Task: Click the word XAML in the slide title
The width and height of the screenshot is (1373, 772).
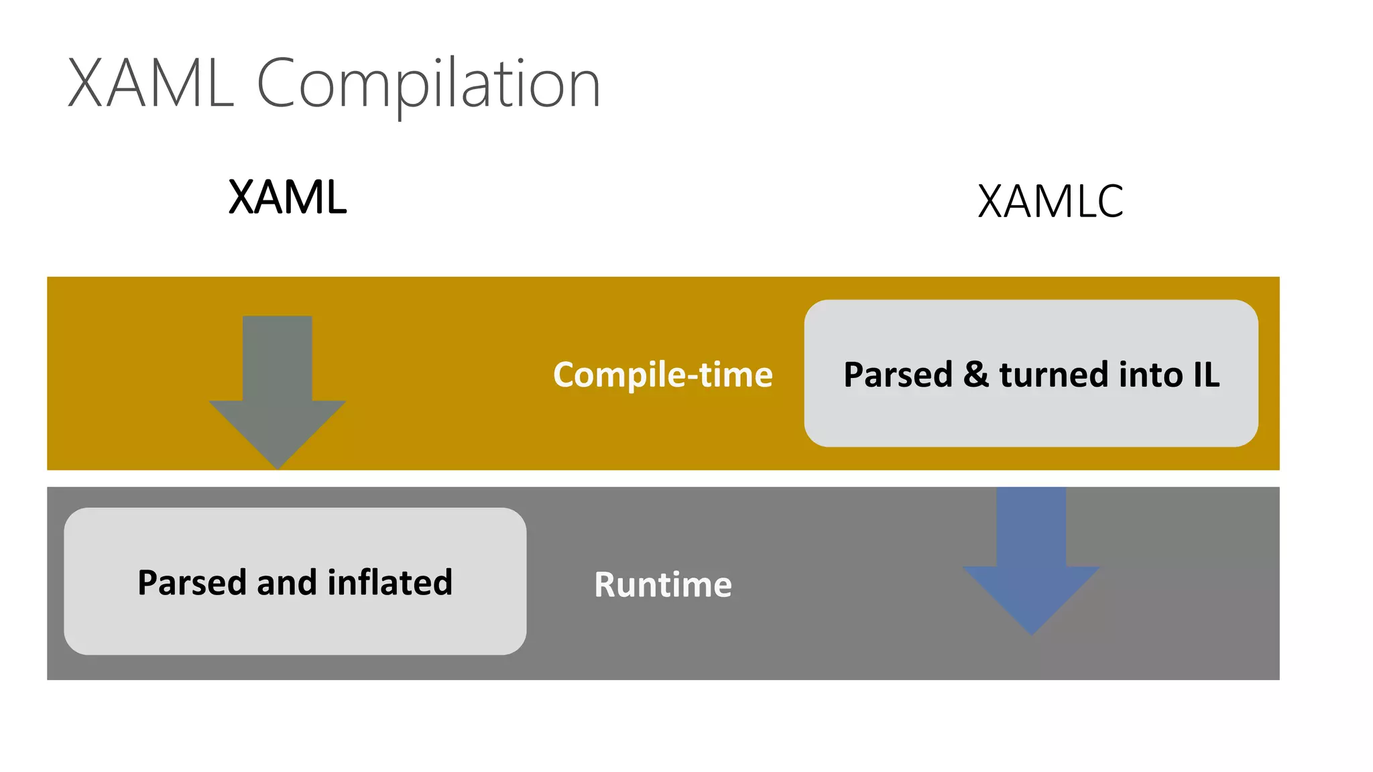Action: (151, 84)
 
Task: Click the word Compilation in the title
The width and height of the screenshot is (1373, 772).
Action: (428, 84)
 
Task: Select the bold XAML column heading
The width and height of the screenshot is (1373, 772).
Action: (288, 198)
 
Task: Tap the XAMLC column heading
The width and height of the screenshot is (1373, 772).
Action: (1050, 201)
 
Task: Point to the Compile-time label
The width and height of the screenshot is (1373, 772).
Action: (662, 375)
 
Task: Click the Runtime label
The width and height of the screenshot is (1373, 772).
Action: (662, 584)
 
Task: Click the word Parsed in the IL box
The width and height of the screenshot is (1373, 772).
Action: (898, 375)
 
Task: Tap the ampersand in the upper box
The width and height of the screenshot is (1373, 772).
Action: (976, 375)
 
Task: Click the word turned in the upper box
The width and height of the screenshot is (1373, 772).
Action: (1053, 375)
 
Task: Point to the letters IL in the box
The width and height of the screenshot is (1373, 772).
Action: (1206, 375)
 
